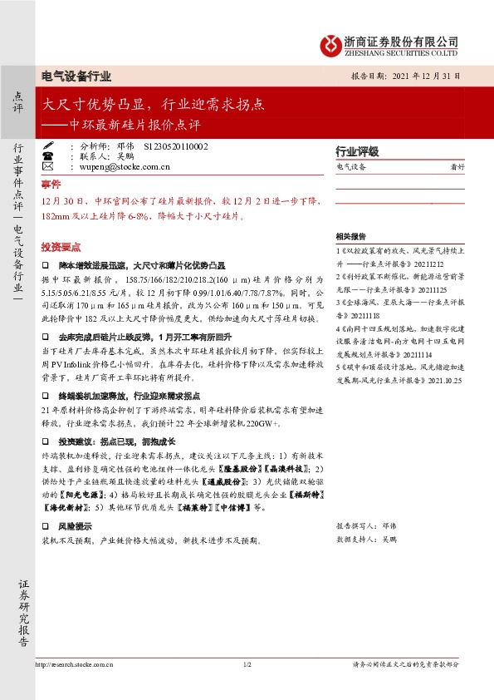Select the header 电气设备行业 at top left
[76, 76]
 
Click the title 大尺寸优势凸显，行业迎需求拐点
[154, 106]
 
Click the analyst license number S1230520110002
[176, 145]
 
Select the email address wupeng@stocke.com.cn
[125, 167]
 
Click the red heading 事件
[51, 184]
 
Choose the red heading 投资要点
[61, 248]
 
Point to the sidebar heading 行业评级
[357, 152]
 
